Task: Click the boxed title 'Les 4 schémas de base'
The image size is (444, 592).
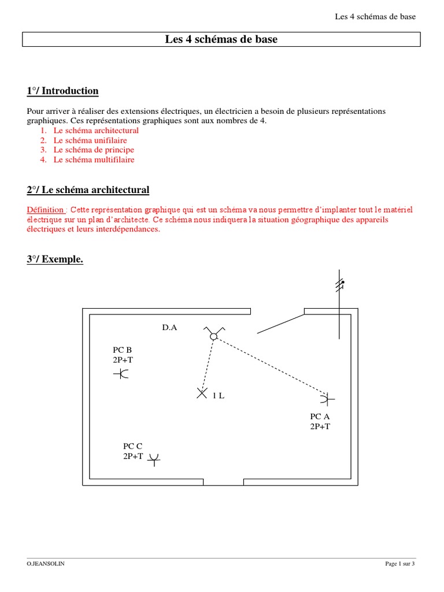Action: point(221,40)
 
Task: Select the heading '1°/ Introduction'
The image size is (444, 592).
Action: point(62,91)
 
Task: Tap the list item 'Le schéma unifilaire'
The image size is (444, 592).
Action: point(90,140)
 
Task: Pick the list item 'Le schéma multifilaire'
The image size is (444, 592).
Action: point(94,160)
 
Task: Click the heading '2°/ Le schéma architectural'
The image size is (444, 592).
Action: point(88,190)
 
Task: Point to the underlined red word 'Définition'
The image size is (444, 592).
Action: point(46,209)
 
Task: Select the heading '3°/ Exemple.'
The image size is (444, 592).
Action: point(55,260)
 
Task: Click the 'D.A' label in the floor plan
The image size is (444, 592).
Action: point(169,328)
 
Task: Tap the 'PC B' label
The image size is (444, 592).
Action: point(123,350)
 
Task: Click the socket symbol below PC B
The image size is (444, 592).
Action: point(122,374)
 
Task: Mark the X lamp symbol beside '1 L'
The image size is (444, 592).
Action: point(202,394)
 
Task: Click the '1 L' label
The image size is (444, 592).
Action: point(218,395)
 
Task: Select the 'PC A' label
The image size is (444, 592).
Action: point(320,417)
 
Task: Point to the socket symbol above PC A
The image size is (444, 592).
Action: point(328,398)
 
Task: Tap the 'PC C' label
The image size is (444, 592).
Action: point(132,446)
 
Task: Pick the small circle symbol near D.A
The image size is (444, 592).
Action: point(213,336)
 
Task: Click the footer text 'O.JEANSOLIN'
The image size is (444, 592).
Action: point(46,564)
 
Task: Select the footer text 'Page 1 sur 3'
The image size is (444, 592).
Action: point(400,564)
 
